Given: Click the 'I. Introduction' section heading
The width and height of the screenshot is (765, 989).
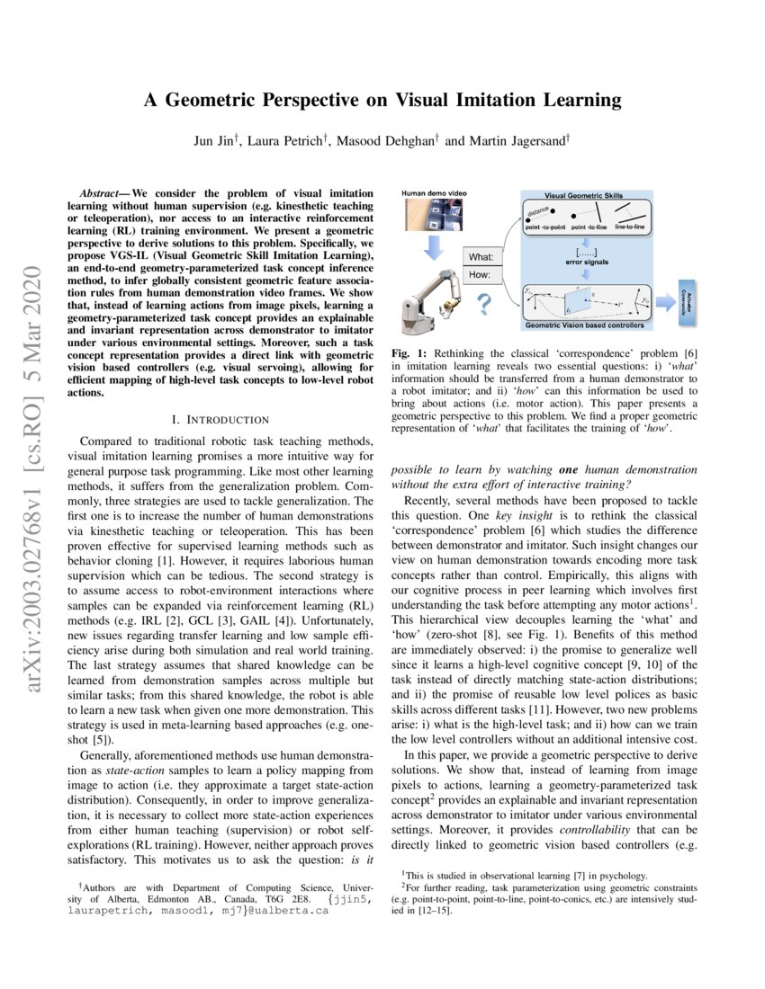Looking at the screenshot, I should pyautogui.click(x=220, y=419).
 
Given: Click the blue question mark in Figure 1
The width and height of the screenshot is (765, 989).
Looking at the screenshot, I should pyautogui.click(x=483, y=307).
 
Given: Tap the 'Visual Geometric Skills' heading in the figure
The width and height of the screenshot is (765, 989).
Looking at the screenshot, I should pyautogui.click(x=589, y=194).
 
